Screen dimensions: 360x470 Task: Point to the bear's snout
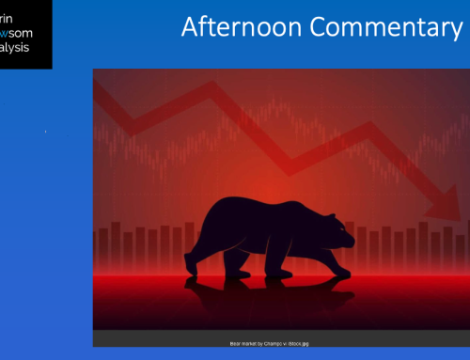point(351,226)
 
